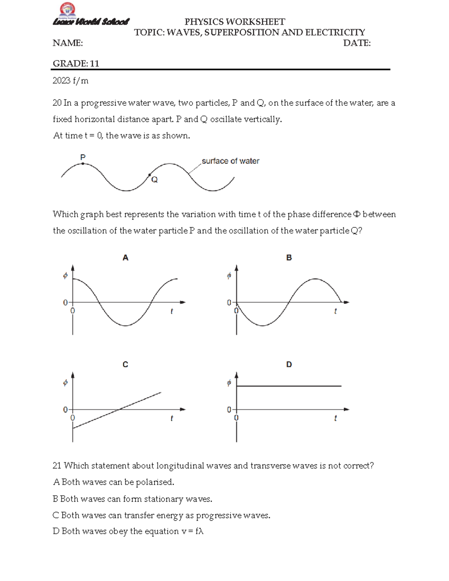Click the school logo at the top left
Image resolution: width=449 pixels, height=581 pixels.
tap(68, 10)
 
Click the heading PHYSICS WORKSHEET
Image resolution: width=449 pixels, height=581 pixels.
tap(235, 22)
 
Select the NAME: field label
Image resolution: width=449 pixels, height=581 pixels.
tap(68, 43)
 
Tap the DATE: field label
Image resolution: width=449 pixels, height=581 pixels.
tap(357, 43)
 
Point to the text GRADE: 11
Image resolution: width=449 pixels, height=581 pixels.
tap(76, 64)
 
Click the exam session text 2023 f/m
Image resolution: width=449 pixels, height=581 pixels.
tap(70, 81)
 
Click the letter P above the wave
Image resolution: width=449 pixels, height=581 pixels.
tap(83, 157)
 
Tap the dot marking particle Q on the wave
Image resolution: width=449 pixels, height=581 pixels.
tap(150, 175)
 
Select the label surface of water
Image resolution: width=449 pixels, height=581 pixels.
tap(230, 161)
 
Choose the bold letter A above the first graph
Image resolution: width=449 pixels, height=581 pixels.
tap(125, 257)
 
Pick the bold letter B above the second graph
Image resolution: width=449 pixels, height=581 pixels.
tap(289, 257)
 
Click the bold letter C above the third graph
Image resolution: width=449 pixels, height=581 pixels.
tap(125, 364)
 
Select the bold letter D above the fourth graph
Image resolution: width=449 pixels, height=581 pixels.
tap(289, 364)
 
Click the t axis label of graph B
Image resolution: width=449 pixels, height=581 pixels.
tap(335, 311)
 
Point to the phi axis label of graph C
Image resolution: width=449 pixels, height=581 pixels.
tap(65, 383)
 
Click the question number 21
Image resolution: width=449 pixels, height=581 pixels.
tap(57, 466)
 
